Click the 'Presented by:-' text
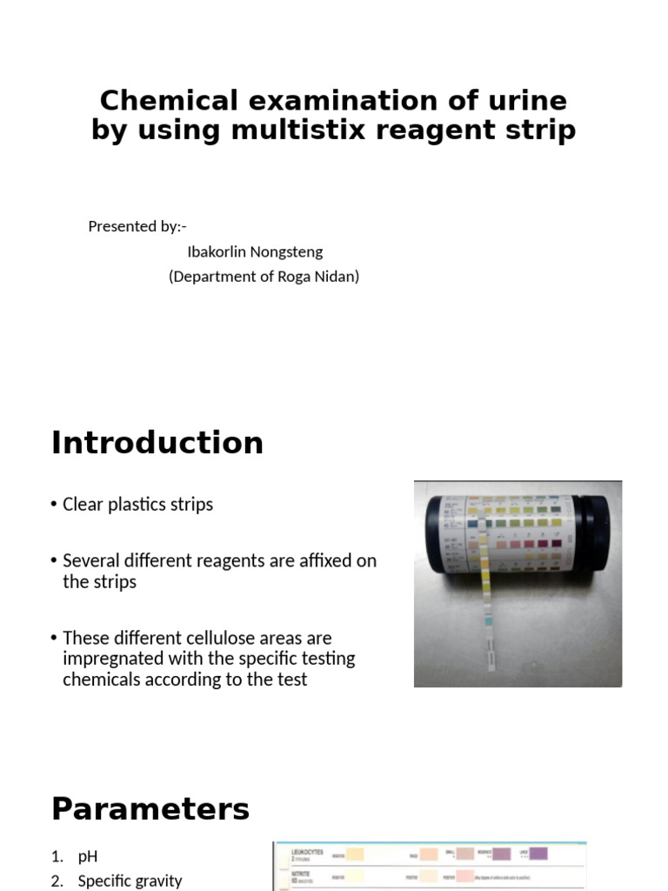137,226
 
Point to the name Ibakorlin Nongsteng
255,251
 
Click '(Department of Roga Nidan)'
264,277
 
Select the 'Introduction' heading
157,443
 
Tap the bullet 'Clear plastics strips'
137,505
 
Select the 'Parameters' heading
150,809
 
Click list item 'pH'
88,857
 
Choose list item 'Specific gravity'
130,881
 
